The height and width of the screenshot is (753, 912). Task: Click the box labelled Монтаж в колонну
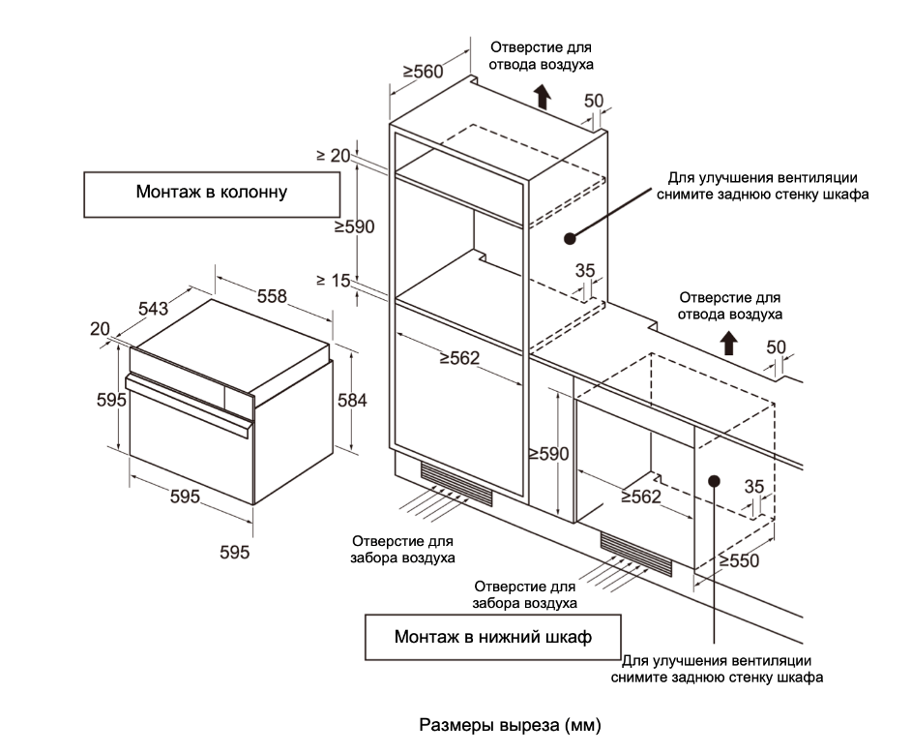[x=212, y=194]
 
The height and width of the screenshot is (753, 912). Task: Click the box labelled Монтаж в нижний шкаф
[x=492, y=637]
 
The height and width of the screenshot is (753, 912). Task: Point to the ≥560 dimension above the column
[x=422, y=72]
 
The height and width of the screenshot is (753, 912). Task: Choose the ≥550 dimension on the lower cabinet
[x=740, y=560]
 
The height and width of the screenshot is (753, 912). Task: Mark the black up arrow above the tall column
[x=543, y=95]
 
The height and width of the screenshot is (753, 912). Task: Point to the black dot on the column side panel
[x=571, y=236]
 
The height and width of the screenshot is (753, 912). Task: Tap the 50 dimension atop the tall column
[x=594, y=101]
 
